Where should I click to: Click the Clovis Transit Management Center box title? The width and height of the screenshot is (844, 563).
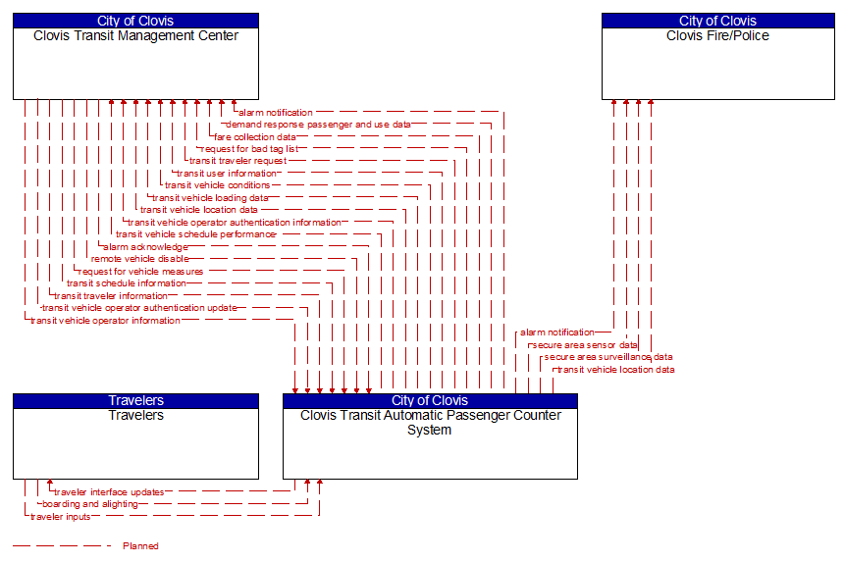coord(135,36)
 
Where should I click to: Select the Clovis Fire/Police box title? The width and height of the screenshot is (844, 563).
coord(717,36)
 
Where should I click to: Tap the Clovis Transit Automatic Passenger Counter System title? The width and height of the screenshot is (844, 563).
coord(430,422)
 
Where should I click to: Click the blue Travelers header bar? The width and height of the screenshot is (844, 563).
coord(135,400)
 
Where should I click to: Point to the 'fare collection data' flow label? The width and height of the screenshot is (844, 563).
coord(254,137)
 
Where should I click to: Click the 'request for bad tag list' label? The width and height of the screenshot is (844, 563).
coord(249,149)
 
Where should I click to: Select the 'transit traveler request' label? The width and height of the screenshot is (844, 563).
coord(237,161)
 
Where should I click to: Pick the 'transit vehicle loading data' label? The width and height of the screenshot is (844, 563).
coord(210,198)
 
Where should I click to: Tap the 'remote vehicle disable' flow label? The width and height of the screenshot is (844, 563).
coord(139,259)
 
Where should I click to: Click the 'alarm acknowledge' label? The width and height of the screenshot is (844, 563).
coord(144,247)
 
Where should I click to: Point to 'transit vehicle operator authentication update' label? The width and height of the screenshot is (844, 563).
coord(139,308)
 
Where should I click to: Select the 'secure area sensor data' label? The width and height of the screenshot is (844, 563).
coord(584,345)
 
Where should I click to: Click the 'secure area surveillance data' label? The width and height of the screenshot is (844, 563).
coord(608,357)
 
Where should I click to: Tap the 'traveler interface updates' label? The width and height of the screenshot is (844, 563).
coord(109,492)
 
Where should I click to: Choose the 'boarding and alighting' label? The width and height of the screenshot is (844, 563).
coord(90,504)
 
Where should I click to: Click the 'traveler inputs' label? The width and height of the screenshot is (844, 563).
coord(61,517)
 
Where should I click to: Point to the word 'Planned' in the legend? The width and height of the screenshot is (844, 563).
coord(140,546)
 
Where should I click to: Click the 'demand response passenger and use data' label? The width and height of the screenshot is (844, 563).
coord(318,125)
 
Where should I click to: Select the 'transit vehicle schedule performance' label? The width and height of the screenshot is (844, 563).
coord(195,234)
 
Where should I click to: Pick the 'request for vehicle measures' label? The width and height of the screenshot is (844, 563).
coord(140,272)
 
